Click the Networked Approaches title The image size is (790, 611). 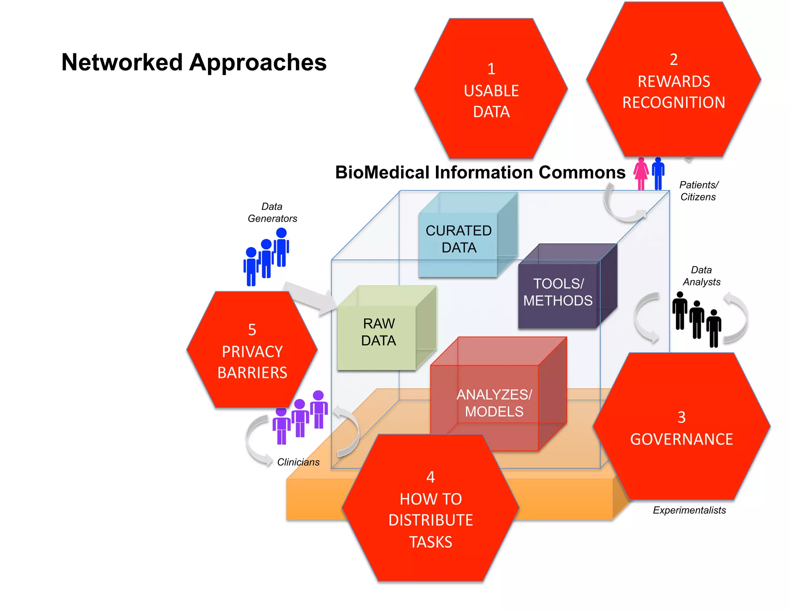[x=194, y=63]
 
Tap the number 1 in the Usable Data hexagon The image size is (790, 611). [x=491, y=69]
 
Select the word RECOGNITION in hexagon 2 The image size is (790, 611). [x=674, y=103]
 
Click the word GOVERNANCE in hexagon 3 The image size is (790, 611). [x=681, y=440]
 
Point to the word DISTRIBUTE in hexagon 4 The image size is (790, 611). [x=430, y=520]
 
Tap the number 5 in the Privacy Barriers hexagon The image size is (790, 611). [x=252, y=330]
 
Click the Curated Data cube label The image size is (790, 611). [x=459, y=239]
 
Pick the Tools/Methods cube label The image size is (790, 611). [x=558, y=292]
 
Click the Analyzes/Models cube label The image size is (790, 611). [x=494, y=403]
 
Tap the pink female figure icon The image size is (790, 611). [x=641, y=174]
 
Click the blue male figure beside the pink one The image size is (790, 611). [x=658, y=174]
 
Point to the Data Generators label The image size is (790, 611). [x=272, y=212]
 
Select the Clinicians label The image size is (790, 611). [x=298, y=462]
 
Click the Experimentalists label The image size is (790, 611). [x=689, y=511]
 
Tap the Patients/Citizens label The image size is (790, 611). [x=698, y=191]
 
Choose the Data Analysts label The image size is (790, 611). [x=701, y=276]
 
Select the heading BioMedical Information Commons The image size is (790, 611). [x=480, y=173]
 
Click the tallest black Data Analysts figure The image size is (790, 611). [x=680, y=311]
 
